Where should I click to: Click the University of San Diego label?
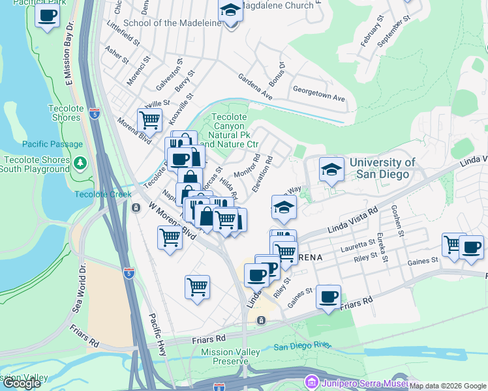382,168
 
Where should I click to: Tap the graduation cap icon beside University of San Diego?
331,169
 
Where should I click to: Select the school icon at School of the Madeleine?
230,11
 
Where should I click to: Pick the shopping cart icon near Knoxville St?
149,120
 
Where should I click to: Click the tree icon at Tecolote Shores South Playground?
81,162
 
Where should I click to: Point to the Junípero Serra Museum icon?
311,381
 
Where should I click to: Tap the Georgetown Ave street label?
318,93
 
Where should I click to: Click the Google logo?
22,383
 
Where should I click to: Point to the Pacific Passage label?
52,144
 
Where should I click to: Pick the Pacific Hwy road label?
157,334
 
